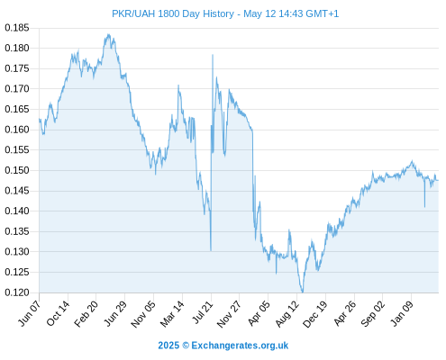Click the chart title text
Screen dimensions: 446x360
click(225, 13)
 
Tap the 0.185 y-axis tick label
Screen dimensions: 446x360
click(17, 28)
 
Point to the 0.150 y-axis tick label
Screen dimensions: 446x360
click(17, 170)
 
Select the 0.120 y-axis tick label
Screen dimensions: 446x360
click(17, 292)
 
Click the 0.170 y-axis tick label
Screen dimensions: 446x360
click(17, 89)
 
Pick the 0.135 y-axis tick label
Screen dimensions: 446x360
click(17, 231)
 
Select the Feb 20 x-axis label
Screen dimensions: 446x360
click(86, 313)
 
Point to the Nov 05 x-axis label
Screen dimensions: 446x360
click(143, 313)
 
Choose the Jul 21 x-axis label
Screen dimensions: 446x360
click(202, 312)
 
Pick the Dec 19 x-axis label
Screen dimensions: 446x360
click(315, 313)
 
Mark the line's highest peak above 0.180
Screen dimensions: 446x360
click(108, 34)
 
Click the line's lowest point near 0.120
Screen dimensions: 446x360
click(302, 292)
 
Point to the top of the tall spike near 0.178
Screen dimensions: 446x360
click(213, 55)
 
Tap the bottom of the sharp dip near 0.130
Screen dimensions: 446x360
click(211, 250)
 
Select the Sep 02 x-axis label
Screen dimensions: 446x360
click(373, 313)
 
